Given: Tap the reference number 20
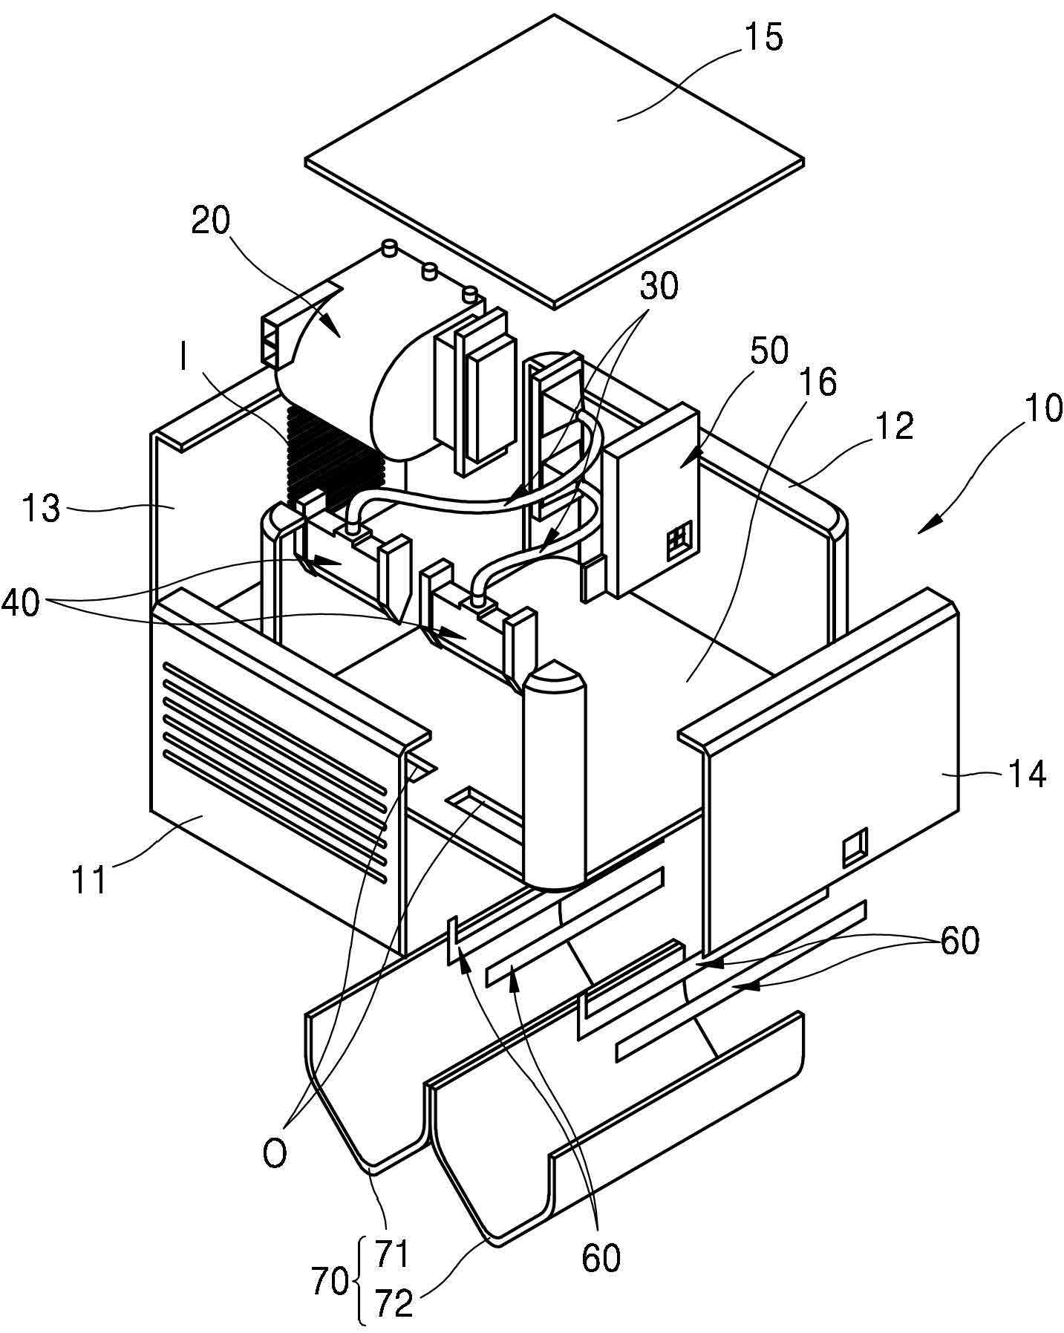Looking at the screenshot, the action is point(211,221).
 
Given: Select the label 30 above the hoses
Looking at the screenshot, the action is point(659,285).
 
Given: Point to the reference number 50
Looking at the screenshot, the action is point(768,351).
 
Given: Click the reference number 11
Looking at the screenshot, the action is point(89,881).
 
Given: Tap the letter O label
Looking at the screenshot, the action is point(274,1154).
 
